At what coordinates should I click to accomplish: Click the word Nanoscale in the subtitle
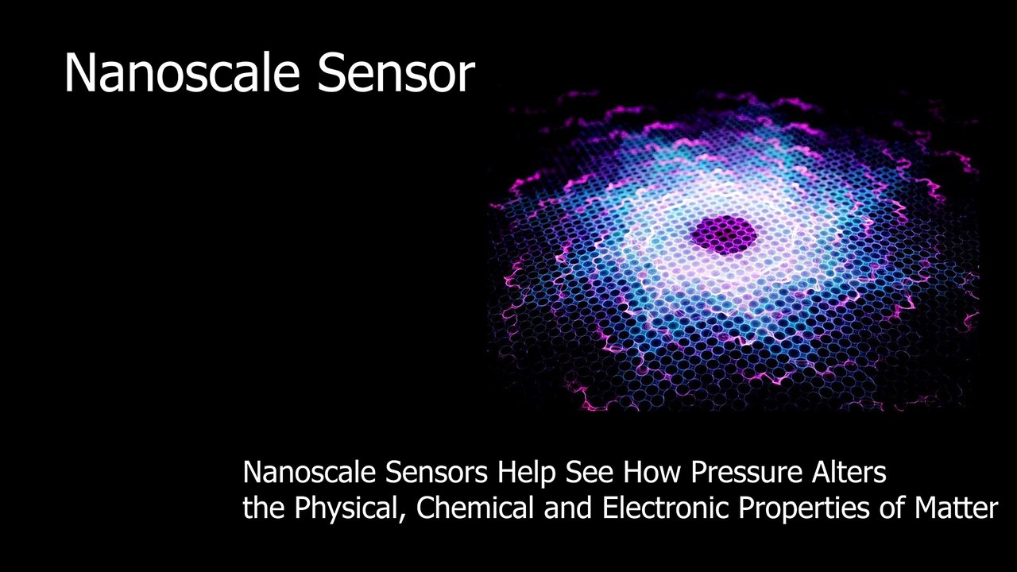tap(309, 473)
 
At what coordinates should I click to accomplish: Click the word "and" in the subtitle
tap(567, 508)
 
